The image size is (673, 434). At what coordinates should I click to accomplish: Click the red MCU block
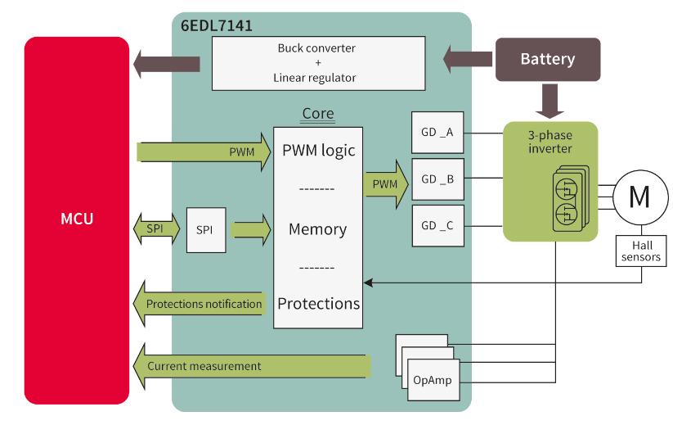tap(77, 219)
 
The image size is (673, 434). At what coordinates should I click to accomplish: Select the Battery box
tap(548, 60)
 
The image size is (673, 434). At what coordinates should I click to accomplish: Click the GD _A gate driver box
tap(437, 132)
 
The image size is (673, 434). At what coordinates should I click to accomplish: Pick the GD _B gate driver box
tap(437, 179)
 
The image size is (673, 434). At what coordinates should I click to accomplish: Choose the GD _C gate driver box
tap(437, 226)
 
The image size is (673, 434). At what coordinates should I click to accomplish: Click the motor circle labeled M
tap(639, 197)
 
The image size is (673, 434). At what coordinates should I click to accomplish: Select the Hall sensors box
tap(641, 251)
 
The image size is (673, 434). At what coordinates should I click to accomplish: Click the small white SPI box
tap(204, 229)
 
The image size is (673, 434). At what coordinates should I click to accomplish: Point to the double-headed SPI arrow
tap(155, 228)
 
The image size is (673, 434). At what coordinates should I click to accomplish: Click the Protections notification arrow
tap(201, 304)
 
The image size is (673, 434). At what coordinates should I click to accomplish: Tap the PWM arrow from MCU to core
tap(204, 152)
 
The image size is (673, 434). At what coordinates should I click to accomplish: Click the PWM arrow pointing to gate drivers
tap(384, 184)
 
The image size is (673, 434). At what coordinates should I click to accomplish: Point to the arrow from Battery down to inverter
tap(548, 101)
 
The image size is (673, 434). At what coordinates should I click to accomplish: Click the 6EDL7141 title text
tap(216, 25)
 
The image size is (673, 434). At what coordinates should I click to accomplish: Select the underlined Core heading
tap(318, 114)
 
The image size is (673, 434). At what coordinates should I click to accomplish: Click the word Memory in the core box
tap(318, 229)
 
